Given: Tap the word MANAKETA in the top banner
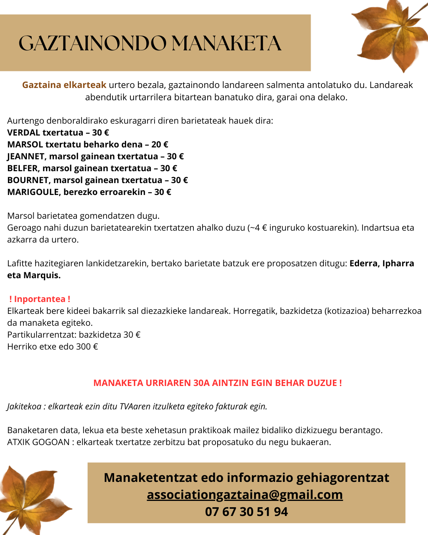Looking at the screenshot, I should click(x=226, y=43).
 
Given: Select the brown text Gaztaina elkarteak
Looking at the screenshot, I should click(x=64, y=85).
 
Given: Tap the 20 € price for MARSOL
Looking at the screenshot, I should click(x=160, y=144).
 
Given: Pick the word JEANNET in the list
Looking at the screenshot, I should click(x=26, y=156).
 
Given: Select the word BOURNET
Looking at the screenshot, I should click(x=28, y=180).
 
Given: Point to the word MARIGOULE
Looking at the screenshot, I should click(x=33, y=192).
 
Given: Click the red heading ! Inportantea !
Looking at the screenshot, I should click(x=40, y=299).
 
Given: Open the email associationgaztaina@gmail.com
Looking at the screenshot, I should click(x=245, y=495).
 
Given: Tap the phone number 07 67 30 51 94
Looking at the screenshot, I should click(x=246, y=512).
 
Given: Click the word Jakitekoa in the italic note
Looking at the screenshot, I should click(x=24, y=406).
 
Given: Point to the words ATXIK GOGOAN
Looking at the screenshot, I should click(x=38, y=442).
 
